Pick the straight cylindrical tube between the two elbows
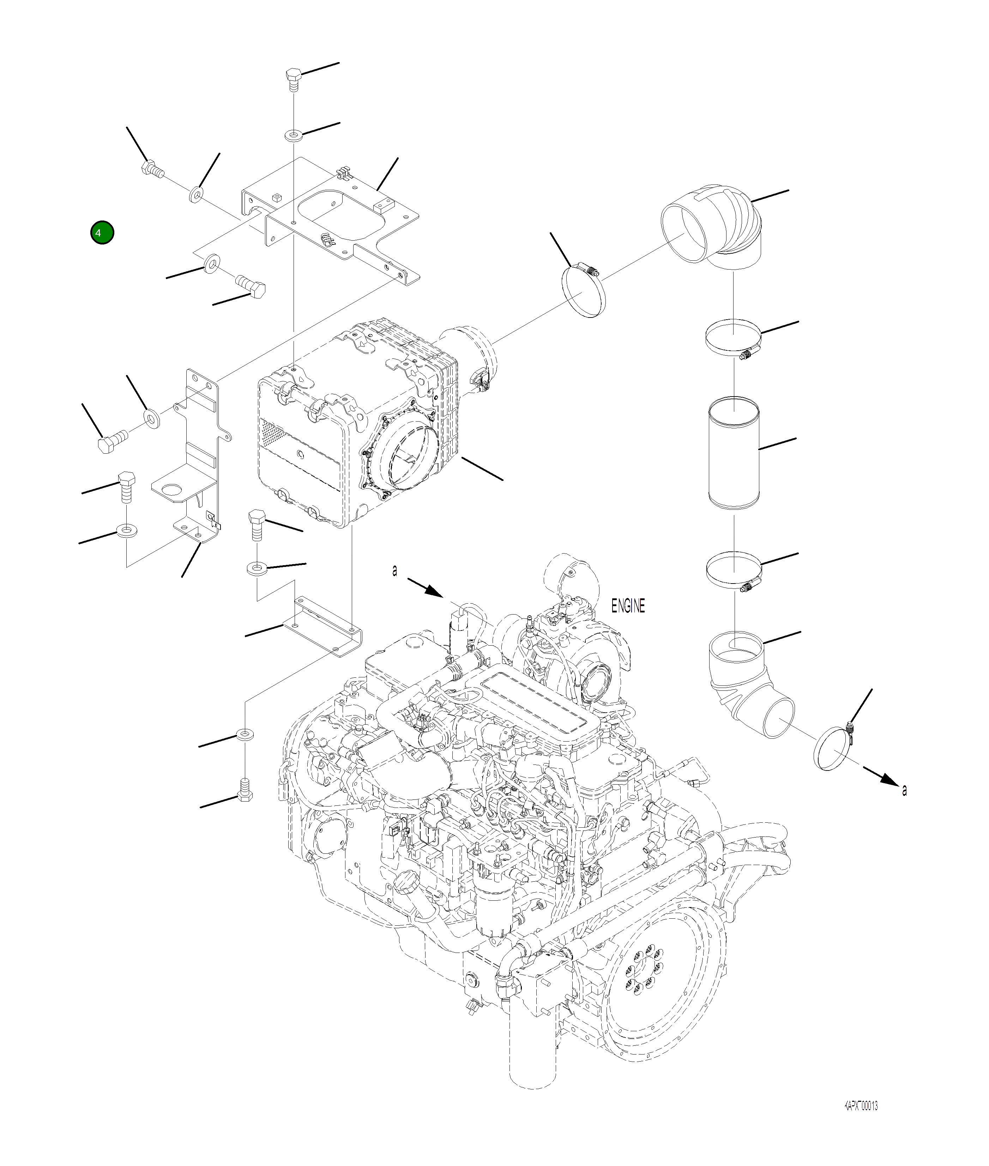(734, 453)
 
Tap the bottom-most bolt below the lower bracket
(245, 790)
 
